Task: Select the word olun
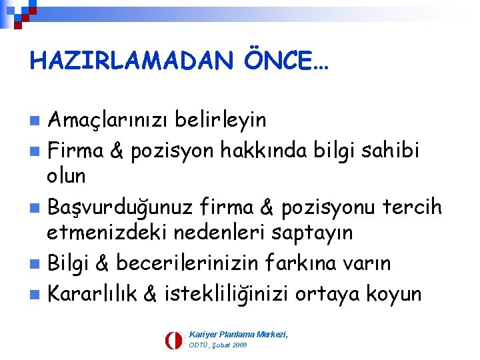point(66,177)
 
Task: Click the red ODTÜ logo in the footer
point(173,340)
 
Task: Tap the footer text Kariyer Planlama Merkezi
point(238,333)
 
